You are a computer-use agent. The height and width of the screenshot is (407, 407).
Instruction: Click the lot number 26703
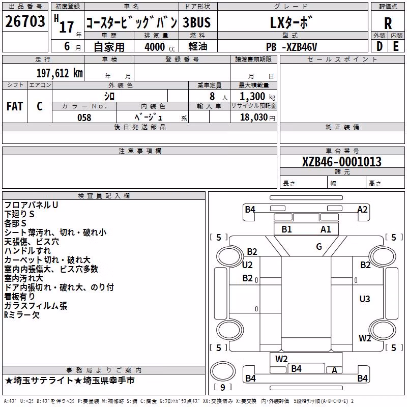(25, 21)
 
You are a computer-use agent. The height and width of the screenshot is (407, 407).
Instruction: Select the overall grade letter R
(388, 23)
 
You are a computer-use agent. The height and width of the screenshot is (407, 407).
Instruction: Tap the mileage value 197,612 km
(60, 73)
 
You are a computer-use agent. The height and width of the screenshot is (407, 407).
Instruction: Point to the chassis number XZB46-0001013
(342, 162)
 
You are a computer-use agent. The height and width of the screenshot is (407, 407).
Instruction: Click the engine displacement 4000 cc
(160, 47)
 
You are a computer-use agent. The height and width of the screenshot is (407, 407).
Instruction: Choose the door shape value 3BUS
(196, 22)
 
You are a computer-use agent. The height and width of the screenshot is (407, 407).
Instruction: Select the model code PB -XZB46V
(292, 47)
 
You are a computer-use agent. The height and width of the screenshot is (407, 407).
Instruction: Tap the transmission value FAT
(15, 106)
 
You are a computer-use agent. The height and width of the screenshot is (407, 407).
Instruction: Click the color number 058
(84, 118)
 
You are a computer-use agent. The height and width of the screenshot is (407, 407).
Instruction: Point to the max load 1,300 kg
(257, 97)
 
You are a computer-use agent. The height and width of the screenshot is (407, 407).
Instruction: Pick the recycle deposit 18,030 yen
(257, 118)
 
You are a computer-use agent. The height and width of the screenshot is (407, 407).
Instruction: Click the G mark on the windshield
(319, 247)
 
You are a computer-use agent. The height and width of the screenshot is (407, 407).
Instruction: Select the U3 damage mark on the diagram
(365, 299)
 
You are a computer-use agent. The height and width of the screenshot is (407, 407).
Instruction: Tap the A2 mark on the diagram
(362, 210)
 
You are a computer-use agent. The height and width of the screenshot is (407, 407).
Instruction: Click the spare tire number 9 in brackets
(223, 387)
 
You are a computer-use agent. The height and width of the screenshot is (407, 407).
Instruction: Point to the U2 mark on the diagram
(247, 265)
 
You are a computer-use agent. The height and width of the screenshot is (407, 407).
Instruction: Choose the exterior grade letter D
(380, 46)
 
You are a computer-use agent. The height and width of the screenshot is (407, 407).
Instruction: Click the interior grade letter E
(396, 46)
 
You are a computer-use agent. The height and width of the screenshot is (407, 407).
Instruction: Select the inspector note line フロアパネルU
(31, 205)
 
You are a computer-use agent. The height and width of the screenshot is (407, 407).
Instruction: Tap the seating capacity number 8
(212, 96)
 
